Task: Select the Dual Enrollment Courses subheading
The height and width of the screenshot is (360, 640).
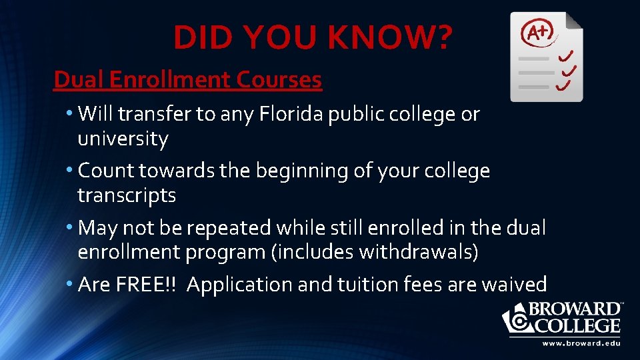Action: (x=187, y=80)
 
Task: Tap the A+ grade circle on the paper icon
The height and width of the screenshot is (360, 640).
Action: (x=537, y=31)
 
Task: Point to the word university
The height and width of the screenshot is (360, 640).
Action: (x=123, y=139)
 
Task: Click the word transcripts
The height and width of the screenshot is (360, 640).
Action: (x=127, y=195)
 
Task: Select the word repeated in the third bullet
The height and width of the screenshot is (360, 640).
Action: (x=228, y=228)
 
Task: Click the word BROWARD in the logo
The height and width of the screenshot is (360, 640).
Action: (x=575, y=310)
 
